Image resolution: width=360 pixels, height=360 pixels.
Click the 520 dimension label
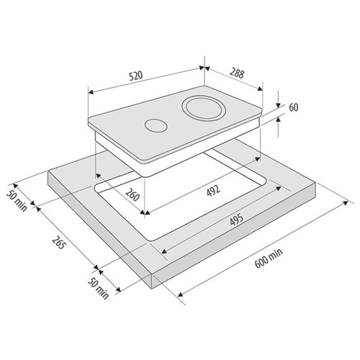click(136, 76)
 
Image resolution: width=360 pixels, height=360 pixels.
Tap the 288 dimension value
click(237, 73)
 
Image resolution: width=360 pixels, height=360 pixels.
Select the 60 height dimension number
click(293, 107)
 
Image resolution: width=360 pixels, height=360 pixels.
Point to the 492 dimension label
click(213, 191)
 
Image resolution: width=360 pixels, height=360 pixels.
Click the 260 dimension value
click(132, 194)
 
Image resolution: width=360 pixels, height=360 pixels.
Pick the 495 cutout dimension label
click(237, 220)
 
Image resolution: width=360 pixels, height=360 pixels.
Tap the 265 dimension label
click(58, 243)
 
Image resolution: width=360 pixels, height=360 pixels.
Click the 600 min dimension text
click(269, 258)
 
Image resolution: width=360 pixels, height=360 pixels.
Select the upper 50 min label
click(17, 201)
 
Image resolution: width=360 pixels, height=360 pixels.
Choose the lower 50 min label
click(98, 288)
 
